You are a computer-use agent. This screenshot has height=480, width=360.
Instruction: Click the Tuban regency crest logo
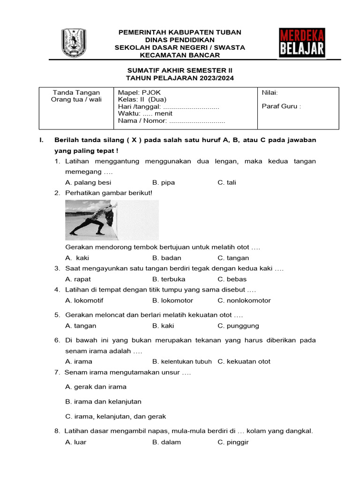(x=74, y=43)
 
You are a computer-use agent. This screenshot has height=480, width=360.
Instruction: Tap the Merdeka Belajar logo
(x=302, y=43)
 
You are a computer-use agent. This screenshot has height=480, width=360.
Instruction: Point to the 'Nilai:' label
(x=270, y=93)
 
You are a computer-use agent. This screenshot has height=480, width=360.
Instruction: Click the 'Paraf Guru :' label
(x=281, y=106)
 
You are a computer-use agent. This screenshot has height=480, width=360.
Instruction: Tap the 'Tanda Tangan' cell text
(x=76, y=93)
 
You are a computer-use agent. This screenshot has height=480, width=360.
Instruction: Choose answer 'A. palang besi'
(x=88, y=182)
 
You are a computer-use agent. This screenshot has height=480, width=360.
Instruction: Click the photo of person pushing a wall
(x=112, y=220)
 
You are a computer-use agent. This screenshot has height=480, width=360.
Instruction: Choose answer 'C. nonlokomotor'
(x=244, y=300)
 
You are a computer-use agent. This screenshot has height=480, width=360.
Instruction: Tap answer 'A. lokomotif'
(x=84, y=300)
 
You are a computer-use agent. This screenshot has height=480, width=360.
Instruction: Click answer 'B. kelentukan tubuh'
(x=182, y=361)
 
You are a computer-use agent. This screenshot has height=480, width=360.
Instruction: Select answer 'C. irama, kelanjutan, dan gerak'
(x=116, y=416)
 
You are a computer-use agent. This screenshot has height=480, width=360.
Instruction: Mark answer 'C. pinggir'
(x=233, y=442)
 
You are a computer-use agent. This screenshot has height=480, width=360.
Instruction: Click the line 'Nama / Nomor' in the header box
(x=172, y=120)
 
